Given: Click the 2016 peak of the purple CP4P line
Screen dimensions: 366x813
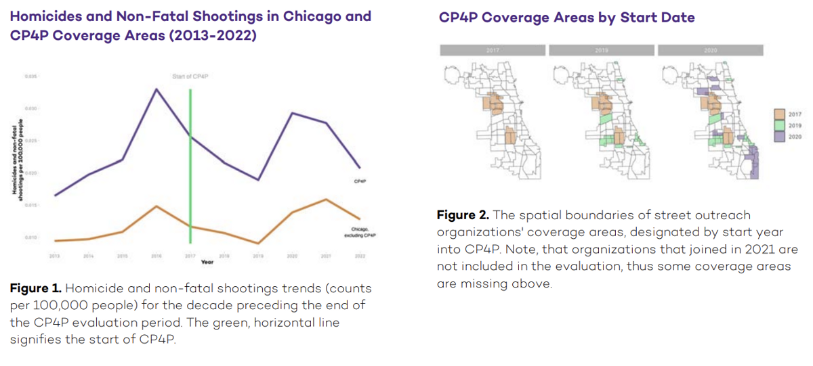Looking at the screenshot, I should [x=157, y=89].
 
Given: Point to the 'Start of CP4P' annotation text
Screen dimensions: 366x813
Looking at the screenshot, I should [x=190, y=76].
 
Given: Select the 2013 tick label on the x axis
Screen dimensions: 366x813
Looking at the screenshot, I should [x=55, y=256].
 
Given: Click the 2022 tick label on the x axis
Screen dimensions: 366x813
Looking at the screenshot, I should [x=359, y=256].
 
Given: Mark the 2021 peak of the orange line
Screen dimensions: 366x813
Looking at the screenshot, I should [x=326, y=200].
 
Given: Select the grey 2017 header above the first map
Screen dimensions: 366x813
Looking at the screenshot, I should [x=492, y=50].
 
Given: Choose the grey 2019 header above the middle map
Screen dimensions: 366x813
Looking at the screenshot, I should [x=601, y=50].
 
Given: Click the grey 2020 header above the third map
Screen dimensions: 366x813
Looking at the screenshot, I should [x=710, y=50].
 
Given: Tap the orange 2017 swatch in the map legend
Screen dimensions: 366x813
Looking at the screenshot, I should [x=779, y=114].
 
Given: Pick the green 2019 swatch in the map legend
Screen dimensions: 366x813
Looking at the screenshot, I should [x=779, y=125].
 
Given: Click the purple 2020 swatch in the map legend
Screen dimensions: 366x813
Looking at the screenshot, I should [x=779, y=136].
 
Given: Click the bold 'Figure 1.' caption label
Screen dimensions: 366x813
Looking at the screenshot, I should [x=35, y=289].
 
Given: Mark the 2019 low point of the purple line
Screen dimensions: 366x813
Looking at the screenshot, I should [x=258, y=180].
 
